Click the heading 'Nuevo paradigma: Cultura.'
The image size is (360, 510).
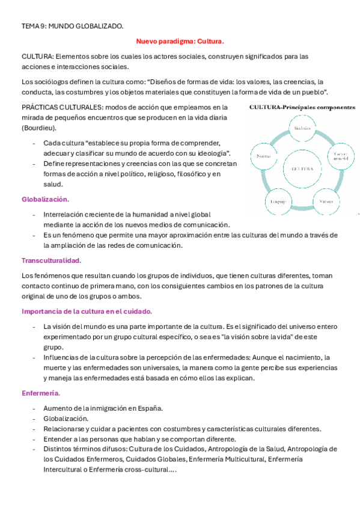click(180, 41)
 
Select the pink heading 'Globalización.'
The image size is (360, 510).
click(45, 198)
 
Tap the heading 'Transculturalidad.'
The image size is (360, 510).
click(51, 260)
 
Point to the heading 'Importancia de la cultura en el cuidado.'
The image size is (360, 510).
click(87, 312)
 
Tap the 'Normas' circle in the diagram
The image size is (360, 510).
click(263, 156)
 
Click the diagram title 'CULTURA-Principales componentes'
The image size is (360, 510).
click(302, 107)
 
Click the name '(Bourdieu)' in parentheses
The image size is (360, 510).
click(40, 128)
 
